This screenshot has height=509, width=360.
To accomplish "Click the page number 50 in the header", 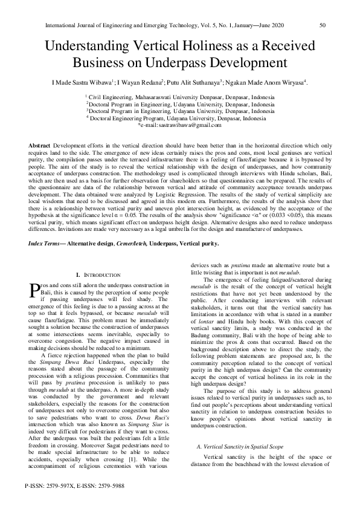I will click(x=323, y=25).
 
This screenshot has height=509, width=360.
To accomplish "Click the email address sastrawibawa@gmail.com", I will click(x=184, y=125).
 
